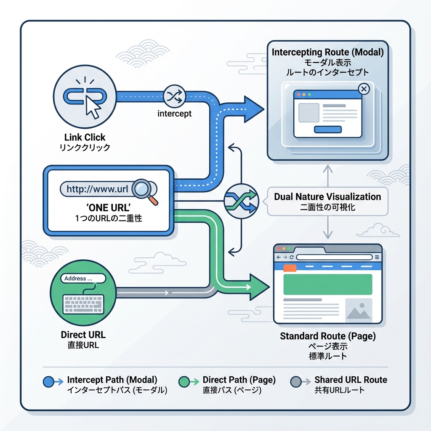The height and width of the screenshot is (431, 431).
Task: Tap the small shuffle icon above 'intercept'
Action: click(174, 96)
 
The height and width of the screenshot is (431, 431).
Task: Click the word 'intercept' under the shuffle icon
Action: click(174, 114)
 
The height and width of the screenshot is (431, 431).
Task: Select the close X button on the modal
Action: click(364, 89)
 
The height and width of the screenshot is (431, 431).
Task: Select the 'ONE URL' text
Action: click(109, 208)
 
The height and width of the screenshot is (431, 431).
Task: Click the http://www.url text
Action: click(97, 189)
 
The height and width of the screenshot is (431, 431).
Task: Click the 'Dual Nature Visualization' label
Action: click(327, 197)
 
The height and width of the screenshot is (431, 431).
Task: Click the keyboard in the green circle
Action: click(82, 303)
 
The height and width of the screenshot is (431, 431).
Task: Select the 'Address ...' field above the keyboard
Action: click(83, 278)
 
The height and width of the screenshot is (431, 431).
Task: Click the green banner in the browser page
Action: click(328, 284)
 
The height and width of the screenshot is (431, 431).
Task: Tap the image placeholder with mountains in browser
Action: click(359, 310)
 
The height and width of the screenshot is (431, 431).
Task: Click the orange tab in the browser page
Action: click(290, 268)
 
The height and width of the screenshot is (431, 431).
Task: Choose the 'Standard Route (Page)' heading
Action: click(327, 337)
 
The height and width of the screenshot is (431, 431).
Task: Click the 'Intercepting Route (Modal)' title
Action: click(327, 53)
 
